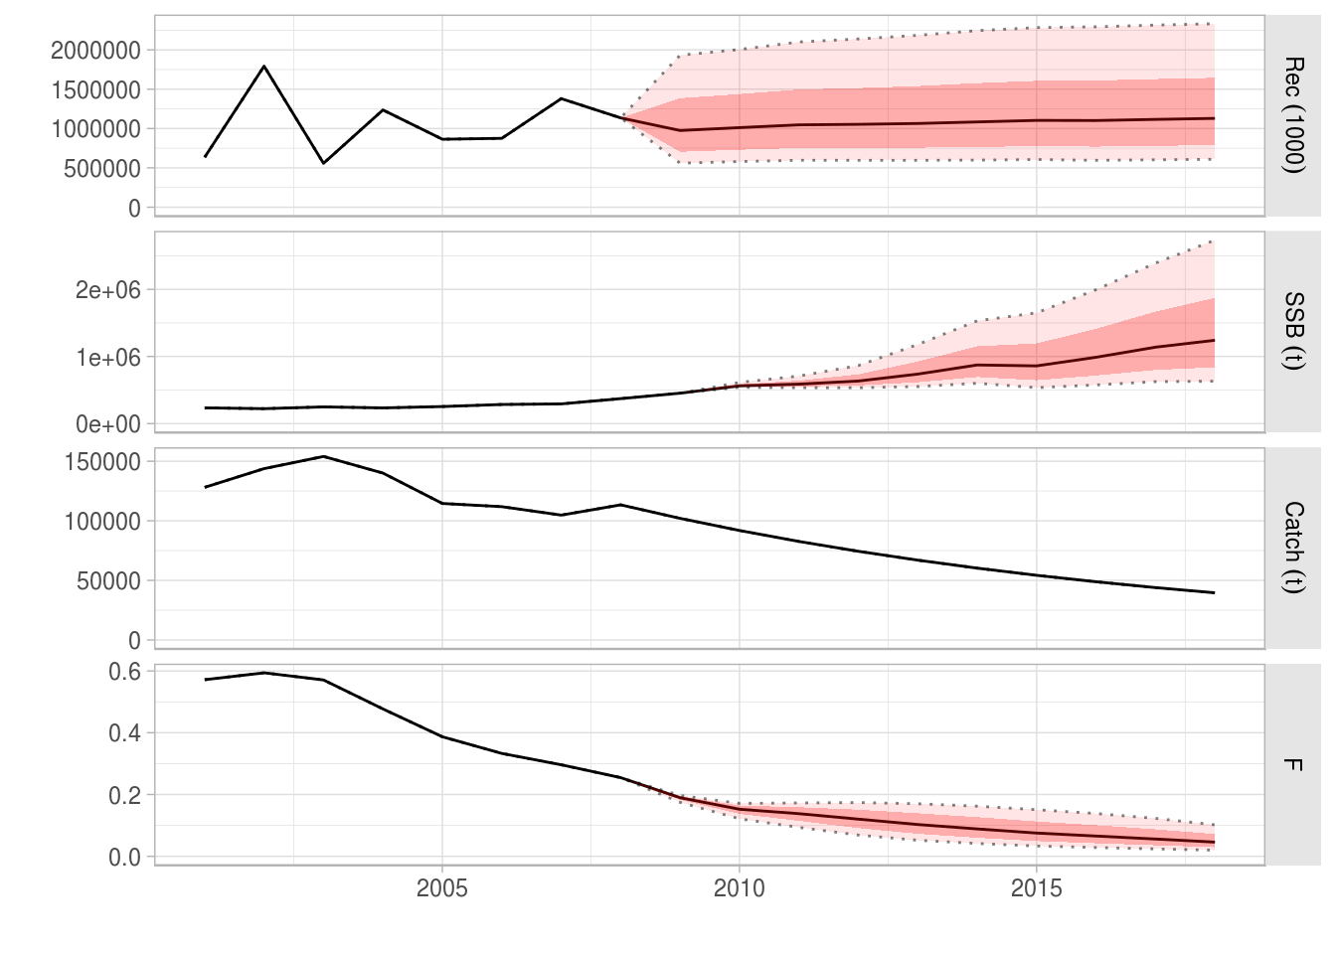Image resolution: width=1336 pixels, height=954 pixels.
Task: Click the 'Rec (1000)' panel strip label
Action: tap(1292, 115)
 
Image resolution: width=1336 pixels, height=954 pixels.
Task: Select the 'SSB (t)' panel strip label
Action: tap(1292, 331)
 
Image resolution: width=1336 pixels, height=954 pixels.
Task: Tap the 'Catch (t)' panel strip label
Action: tap(1292, 548)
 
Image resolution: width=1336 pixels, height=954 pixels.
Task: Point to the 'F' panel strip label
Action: tap(1292, 764)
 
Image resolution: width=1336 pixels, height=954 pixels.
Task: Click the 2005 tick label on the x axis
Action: tap(441, 888)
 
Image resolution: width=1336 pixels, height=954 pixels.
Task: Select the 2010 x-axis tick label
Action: tap(739, 888)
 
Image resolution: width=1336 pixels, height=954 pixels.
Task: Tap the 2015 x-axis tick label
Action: tap(1036, 888)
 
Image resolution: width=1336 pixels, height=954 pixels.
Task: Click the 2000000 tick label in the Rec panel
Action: tap(96, 50)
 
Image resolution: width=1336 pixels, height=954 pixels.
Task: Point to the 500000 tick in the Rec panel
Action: tap(102, 169)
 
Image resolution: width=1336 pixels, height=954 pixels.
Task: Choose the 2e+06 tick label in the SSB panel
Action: tap(108, 290)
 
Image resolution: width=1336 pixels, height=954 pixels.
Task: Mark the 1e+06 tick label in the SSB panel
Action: tap(108, 358)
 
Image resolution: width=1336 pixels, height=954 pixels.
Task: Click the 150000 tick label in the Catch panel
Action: tap(102, 462)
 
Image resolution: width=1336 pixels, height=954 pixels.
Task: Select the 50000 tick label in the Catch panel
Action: tap(108, 581)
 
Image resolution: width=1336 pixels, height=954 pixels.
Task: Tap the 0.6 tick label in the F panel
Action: tap(124, 672)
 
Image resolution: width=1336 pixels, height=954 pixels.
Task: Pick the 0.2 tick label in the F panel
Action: tap(124, 795)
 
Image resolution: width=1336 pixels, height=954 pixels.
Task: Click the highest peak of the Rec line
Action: tap(263, 67)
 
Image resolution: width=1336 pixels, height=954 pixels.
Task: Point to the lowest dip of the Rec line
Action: tap(323, 163)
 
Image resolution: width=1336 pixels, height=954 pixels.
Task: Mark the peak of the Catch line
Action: tap(323, 457)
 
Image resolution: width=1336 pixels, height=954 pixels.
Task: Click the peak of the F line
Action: tap(263, 673)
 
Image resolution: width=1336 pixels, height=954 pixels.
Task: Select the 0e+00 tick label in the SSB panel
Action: tap(108, 425)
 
